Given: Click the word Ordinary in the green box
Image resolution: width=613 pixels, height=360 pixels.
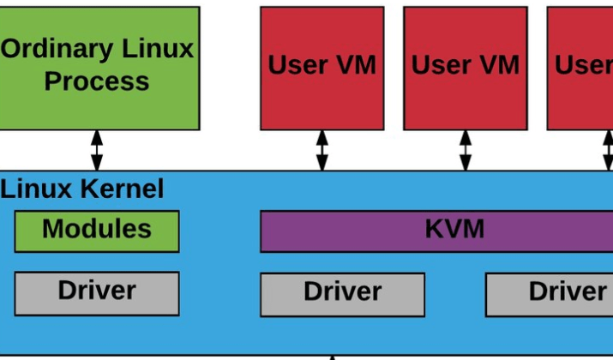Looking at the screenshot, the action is coord(57,50).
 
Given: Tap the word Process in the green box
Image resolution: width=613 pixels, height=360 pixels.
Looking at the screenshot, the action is coord(97,81).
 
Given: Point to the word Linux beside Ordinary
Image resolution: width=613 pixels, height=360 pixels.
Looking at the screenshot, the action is coord(158,48).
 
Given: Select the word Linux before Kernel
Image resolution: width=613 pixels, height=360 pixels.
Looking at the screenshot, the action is coord(36,189).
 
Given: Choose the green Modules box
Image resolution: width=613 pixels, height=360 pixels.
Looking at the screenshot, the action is coord(97,231).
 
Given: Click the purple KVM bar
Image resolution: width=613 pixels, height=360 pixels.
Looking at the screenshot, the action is coord(436,231).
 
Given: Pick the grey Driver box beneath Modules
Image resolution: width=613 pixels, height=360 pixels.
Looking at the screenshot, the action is coord(97,293).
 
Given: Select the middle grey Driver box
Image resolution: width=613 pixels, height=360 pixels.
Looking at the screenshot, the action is coord(342,295).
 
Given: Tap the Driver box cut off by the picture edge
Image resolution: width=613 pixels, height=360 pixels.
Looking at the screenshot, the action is coord(549,295).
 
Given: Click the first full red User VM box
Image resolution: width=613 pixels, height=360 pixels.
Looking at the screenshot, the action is coord(322,69).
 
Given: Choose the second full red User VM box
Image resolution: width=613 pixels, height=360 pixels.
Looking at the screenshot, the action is coord(466,69).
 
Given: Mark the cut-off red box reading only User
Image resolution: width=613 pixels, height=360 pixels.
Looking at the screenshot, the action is coord(580,69).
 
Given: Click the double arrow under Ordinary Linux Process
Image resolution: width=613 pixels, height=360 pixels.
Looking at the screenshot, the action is coord(97,151).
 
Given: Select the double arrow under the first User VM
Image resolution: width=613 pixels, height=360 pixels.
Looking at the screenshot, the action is coord(322,151).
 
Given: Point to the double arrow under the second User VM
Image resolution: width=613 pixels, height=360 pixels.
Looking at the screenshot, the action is coord(466,151).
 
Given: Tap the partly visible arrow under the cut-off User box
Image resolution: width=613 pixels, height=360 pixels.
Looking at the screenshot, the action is coord(609,151).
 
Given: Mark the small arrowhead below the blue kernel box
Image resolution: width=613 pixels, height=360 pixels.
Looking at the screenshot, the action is coord(333,357).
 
